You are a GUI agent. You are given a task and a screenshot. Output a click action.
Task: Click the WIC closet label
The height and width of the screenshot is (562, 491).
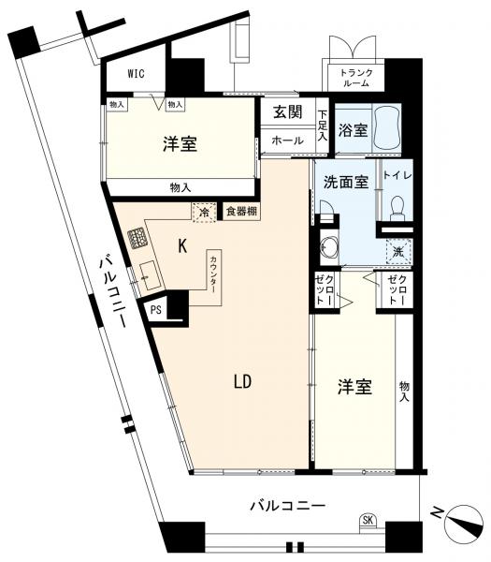[x=137, y=73]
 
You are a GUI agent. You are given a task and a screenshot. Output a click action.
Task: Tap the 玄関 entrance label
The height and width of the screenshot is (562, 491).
[x=288, y=111]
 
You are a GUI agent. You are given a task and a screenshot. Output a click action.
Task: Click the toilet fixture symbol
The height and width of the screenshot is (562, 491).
[x=397, y=208]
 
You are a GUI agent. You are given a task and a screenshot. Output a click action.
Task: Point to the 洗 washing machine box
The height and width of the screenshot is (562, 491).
[x=398, y=252]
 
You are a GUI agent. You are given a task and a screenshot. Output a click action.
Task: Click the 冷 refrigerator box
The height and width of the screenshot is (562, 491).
[x=204, y=213]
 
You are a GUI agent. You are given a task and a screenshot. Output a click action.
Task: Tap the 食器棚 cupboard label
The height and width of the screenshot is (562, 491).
[x=241, y=211]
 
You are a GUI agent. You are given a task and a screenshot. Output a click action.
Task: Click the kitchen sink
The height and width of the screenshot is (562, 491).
[x=149, y=275]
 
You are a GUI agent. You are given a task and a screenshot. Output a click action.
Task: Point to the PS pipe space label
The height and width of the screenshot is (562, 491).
[x=155, y=310]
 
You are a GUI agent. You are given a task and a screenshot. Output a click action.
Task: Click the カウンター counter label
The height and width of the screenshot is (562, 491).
[x=213, y=274]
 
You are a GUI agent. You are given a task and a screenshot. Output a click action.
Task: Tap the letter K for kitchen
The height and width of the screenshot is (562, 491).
[x=182, y=246]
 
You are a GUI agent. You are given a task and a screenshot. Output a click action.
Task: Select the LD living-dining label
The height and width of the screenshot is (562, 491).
[x=242, y=382]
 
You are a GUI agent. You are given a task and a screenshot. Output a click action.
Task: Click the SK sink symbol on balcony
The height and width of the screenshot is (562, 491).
[x=368, y=520]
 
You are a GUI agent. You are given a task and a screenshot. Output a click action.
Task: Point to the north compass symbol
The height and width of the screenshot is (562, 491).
[x=463, y=521]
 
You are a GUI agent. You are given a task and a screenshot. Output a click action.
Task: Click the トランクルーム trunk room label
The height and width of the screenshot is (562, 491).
[x=356, y=78]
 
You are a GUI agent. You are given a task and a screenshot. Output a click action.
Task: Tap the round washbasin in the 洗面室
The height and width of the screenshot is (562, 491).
[x=329, y=246]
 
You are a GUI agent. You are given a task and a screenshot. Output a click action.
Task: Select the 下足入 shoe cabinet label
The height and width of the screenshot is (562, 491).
[x=323, y=126]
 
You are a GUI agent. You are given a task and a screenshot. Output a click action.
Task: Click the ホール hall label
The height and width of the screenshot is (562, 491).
[x=287, y=140]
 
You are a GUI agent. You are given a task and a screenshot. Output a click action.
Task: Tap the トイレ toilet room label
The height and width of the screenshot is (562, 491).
[x=397, y=175]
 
